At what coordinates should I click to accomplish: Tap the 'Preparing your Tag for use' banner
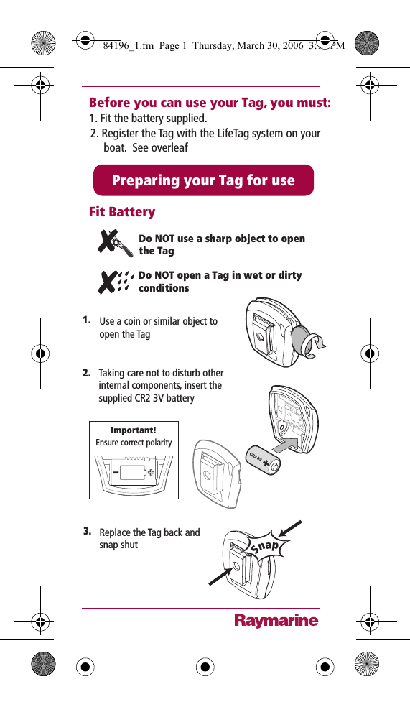click(203, 180)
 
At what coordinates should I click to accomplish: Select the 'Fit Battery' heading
click(122, 212)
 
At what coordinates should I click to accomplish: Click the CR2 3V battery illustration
click(265, 461)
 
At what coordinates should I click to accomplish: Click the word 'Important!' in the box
click(134, 431)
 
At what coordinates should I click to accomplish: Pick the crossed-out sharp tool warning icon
click(115, 244)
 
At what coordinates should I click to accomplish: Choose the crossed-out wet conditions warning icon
click(116, 281)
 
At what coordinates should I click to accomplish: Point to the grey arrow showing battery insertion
click(291, 444)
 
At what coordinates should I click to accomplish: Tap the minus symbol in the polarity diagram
click(116, 473)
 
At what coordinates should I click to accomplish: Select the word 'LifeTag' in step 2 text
click(206, 134)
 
